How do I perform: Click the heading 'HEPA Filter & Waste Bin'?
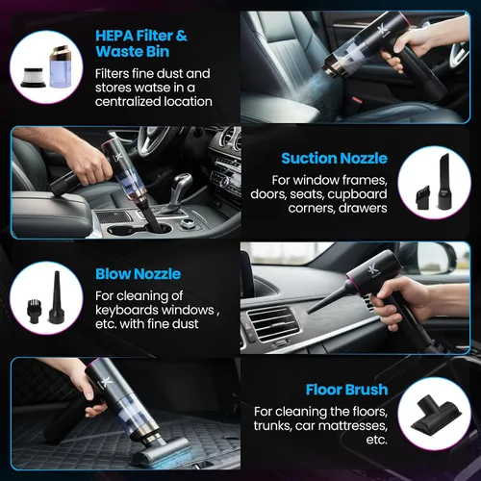[141, 43]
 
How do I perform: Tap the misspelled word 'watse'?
[153, 88]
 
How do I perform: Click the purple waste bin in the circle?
[62, 67]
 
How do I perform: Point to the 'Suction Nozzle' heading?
[334, 158]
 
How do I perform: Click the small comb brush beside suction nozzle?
[424, 199]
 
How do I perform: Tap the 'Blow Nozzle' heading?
[139, 274]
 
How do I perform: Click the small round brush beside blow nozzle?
[33, 312]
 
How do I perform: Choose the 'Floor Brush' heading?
[346, 390]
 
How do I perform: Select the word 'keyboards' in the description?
[127, 310]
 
